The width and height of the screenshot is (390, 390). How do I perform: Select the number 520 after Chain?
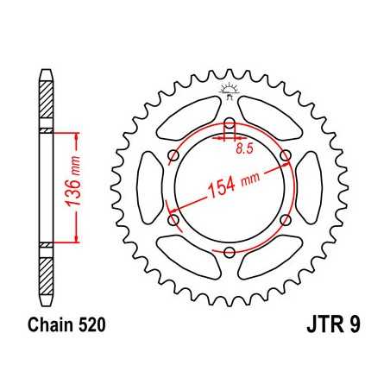click(89, 328)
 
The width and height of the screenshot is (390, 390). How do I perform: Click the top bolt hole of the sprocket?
click(230, 121)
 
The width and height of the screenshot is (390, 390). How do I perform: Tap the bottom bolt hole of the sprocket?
click(230, 252)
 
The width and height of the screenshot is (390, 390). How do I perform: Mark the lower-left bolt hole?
click(173, 220)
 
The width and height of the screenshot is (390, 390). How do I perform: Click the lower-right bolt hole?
click(287, 220)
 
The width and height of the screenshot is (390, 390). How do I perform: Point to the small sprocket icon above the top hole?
click(230, 89)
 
